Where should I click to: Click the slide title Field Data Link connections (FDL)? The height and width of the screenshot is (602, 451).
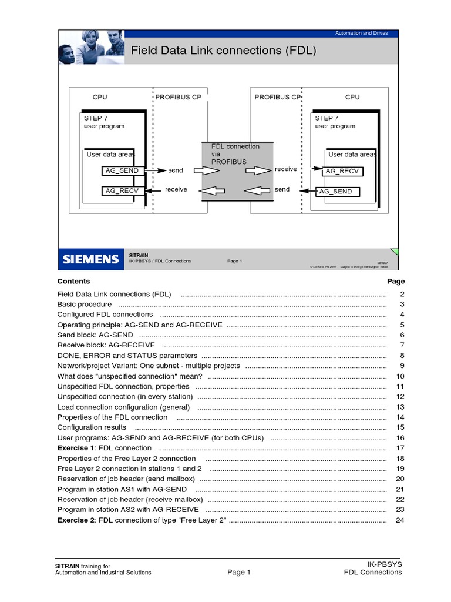click(x=223, y=51)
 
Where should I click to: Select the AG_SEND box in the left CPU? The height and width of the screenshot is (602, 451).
click(x=122, y=170)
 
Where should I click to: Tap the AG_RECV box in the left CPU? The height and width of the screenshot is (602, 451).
click(x=122, y=190)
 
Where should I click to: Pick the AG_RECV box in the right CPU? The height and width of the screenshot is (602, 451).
click(x=342, y=171)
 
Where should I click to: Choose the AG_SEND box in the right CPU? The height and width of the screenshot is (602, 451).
click(x=337, y=191)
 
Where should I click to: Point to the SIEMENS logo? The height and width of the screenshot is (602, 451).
click(x=90, y=259)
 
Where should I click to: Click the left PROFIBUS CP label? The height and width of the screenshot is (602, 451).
click(x=179, y=97)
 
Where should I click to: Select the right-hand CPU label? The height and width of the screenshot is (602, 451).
click(x=352, y=97)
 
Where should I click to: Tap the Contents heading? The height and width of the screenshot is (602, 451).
click(x=73, y=281)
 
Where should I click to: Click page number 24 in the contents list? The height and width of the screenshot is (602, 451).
click(x=400, y=520)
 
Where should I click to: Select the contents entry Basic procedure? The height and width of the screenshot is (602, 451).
click(x=84, y=304)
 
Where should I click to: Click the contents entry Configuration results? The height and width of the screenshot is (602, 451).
click(x=92, y=427)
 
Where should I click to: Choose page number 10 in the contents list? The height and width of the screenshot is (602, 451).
click(x=400, y=376)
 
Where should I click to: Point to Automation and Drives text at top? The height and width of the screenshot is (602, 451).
click(x=361, y=33)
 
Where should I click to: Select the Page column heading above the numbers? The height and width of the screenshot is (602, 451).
click(x=396, y=281)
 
